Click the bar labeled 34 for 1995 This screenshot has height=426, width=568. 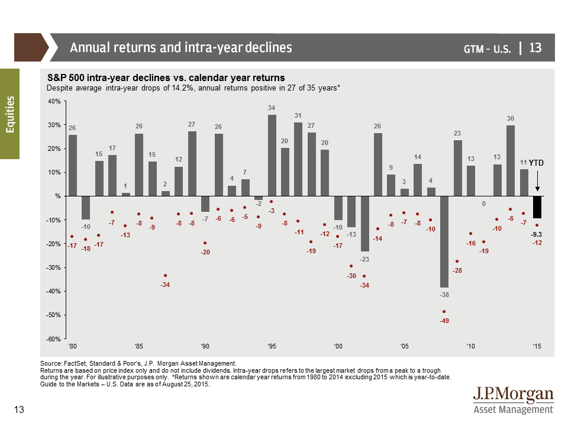[x=272, y=155]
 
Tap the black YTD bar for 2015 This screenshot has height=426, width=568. [x=537, y=207]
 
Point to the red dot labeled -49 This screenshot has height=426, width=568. [x=444, y=312]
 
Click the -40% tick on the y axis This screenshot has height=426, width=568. [x=54, y=291]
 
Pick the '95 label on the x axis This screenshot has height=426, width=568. [x=272, y=346]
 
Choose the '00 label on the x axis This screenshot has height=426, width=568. [x=338, y=346]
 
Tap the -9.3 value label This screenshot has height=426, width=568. [x=536, y=234]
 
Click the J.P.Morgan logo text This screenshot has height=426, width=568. [x=514, y=395]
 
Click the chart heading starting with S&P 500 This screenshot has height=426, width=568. [x=165, y=78]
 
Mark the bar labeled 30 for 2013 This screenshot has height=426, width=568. [x=510, y=160]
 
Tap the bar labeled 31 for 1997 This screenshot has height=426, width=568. [x=298, y=159]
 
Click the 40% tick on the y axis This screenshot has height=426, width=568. [x=54, y=101]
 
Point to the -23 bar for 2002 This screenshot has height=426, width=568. [x=365, y=224]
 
